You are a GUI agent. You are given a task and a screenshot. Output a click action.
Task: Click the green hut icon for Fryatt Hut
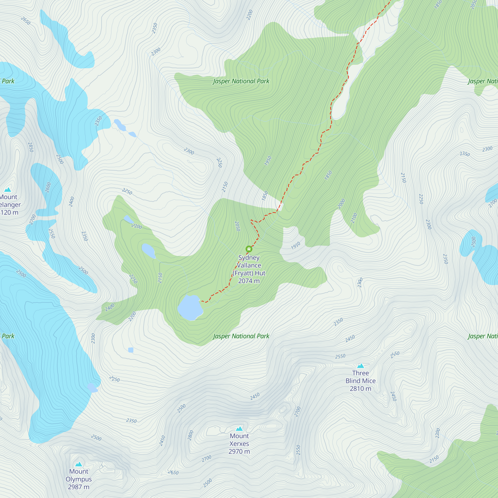pyautogui.click(x=249, y=249)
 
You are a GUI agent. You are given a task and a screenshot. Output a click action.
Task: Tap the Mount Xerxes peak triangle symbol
pyautogui.click(x=239, y=428)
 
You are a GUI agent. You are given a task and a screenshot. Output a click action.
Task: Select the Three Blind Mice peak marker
pyautogui.click(x=360, y=366)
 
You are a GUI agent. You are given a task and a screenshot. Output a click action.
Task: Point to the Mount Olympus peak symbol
pyautogui.click(x=79, y=464)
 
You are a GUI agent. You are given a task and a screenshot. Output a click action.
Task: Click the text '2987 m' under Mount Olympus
pyautogui.click(x=79, y=487)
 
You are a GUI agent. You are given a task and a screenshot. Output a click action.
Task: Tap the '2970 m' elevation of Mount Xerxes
pyautogui.click(x=239, y=451)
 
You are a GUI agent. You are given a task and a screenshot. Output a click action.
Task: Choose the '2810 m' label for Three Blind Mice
pyautogui.click(x=360, y=388)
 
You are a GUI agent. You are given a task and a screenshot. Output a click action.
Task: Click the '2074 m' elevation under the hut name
pyautogui.click(x=249, y=281)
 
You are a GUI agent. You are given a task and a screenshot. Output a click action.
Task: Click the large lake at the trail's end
pyautogui.click(x=189, y=308)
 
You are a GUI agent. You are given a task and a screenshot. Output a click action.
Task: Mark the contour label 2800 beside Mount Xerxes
pyautogui.click(x=190, y=435)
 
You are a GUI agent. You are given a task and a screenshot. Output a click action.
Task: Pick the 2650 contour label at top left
pyautogui.click(x=25, y=21)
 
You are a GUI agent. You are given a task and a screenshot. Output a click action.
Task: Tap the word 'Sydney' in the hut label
pyautogui.click(x=249, y=257)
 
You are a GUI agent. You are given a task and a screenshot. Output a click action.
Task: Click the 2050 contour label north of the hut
pyautogui.click(x=237, y=226)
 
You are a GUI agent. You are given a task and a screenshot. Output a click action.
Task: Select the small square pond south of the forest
pyautogui.click(x=131, y=350)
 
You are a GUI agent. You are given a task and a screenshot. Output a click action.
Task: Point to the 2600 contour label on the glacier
pyautogui.click(x=48, y=187)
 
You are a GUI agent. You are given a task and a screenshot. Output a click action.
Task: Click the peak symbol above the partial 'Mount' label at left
pyautogui.click(x=8, y=190)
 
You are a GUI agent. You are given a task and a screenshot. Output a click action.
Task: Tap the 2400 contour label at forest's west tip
pyautogui.click(x=110, y=307)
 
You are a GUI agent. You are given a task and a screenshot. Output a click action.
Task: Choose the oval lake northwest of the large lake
pyautogui.click(x=148, y=250)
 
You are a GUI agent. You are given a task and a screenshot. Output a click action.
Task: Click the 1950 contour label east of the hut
pyautogui.click(x=296, y=246)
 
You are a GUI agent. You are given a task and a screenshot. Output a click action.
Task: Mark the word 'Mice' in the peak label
pyautogui.click(x=369, y=381)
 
